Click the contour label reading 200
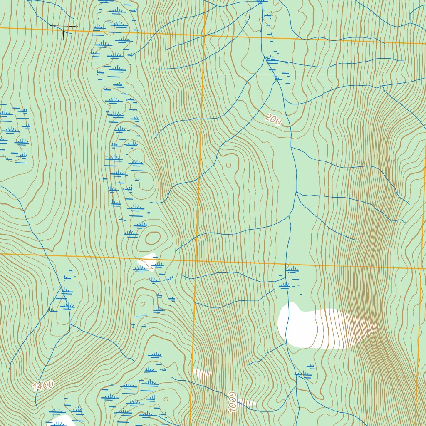tap(273, 120)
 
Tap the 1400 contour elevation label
tap(43, 385)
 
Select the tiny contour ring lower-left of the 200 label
tap(228, 165)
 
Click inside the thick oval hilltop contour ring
tap(152, 238)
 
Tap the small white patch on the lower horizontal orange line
tap(147, 261)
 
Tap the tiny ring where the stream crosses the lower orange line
tap(287, 265)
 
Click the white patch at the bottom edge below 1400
tap(62, 421)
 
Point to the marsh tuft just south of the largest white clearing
tap(304, 375)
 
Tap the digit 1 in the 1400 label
tap(36, 387)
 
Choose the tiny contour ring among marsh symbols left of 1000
tap(166, 399)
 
